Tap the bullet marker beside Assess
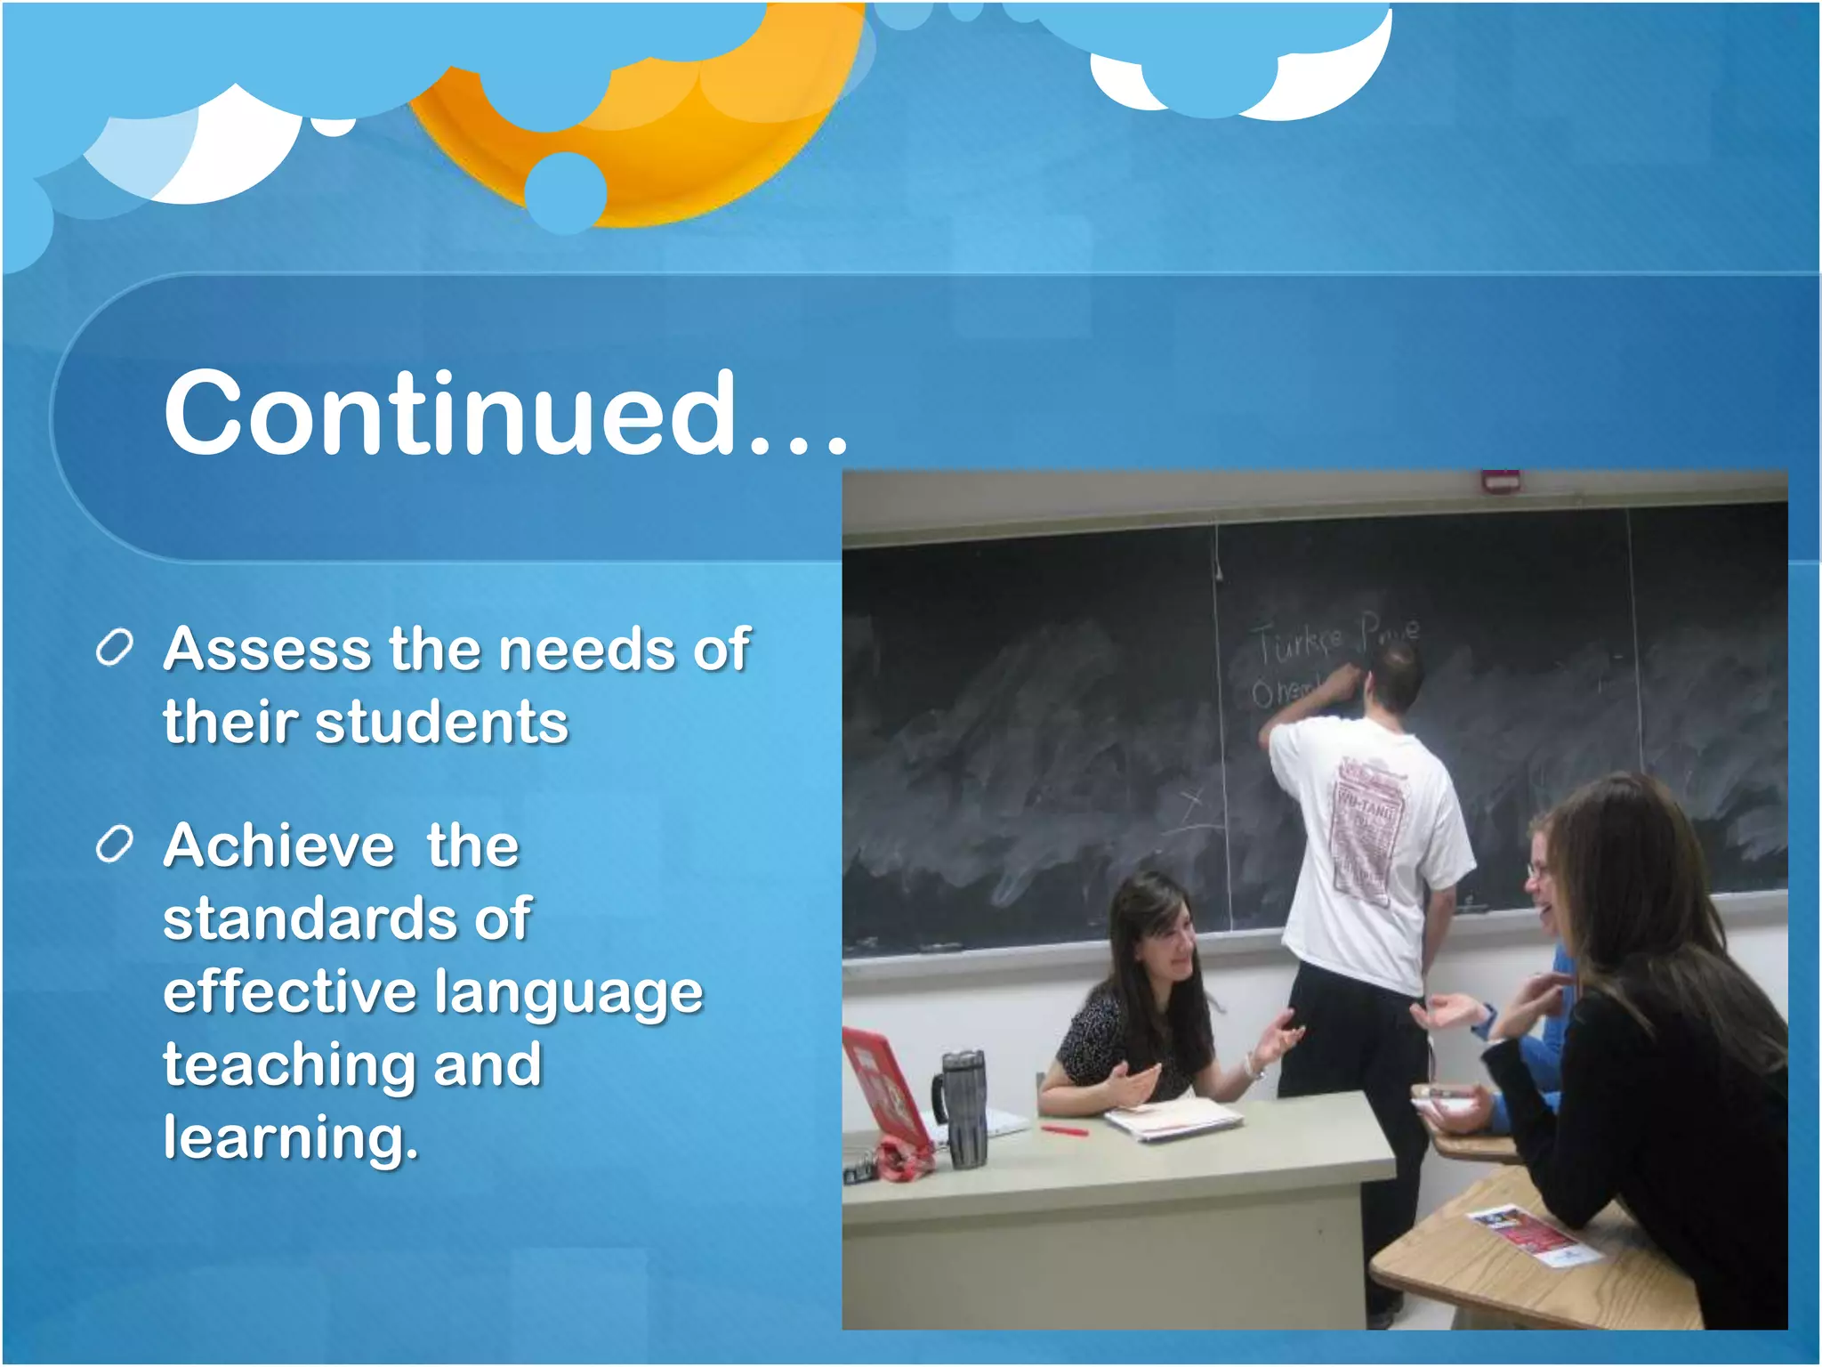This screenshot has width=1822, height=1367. [x=115, y=648]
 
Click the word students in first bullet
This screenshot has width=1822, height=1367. [x=441, y=722]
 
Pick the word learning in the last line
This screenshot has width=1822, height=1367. [x=290, y=1139]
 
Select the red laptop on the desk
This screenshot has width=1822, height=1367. [x=885, y=1090]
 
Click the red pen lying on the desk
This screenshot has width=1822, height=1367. [x=1065, y=1130]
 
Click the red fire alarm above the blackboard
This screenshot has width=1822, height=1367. [x=1500, y=481]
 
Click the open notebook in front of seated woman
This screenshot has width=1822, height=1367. [x=1173, y=1117]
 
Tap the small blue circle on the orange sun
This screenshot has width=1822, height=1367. [x=565, y=191]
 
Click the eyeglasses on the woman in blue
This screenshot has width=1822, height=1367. [x=1537, y=868]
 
